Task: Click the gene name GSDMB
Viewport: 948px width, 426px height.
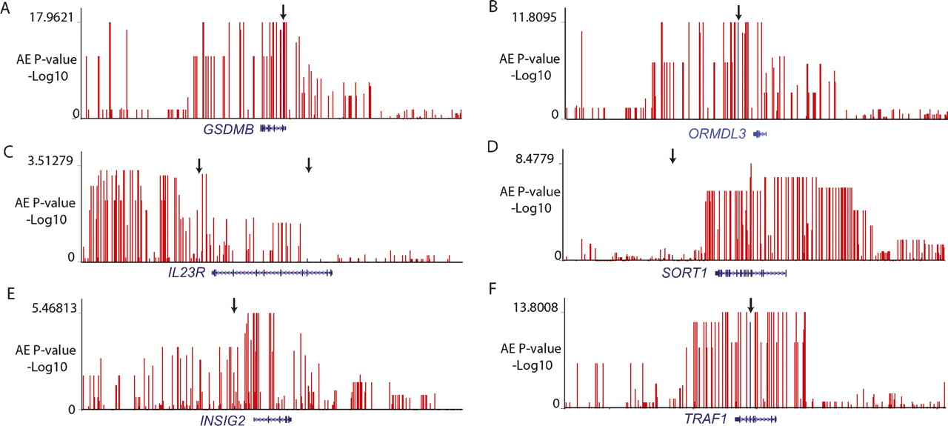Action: pyautogui.click(x=229, y=130)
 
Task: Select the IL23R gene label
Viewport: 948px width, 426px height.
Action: pyautogui.click(x=188, y=273)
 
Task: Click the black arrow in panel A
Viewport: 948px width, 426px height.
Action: pyautogui.click(x=283, y=12)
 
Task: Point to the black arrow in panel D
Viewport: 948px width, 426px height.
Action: pyautogui.click(x=672, y=156)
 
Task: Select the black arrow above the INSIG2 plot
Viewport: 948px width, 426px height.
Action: pyautogui.click(x=234, y=304)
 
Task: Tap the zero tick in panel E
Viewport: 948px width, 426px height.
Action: pyautogui.click(x=72, y=409)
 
